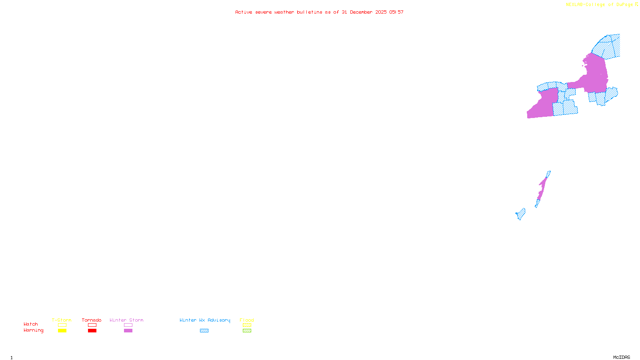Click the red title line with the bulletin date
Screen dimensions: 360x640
pyautogui.click(x=319, y=12)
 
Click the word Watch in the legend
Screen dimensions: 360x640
pyautogui.click(x=31, y=324)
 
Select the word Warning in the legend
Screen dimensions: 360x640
pyautogui.click(x=33, y=330)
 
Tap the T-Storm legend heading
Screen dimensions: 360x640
pyautogui.click(x=62, y=320)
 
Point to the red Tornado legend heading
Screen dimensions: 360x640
pyautogui.click(x=92, y=320)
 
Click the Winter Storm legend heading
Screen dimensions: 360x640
pyautogui.click(x=126, y=320)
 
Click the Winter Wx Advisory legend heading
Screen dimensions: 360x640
pyautogui.click(x=205, y=320)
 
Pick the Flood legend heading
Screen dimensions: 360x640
pyautogui.click(x=247, y=320)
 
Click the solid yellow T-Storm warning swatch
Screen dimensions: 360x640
pyautogui.click(x=62, y=331)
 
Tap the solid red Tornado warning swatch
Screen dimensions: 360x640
pyautogui.click(x=92, y=331)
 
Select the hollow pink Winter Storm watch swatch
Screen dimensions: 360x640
pyautogui.click(x=128, y=325)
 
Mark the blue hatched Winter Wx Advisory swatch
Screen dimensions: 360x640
pyautogui.click(x=204, y=331)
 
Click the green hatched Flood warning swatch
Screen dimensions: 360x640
pyautogui.click(x=247, y=331)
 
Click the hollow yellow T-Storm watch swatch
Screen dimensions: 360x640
pyautogui.click(x=62, y=325)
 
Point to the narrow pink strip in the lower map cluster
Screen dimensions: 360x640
pyautogui.click(x=542, y=188)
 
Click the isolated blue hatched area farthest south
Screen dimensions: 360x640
pyautogui.click(x=521, y=214)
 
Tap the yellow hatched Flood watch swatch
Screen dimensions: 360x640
pyautogui.click(x=247, y=325)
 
